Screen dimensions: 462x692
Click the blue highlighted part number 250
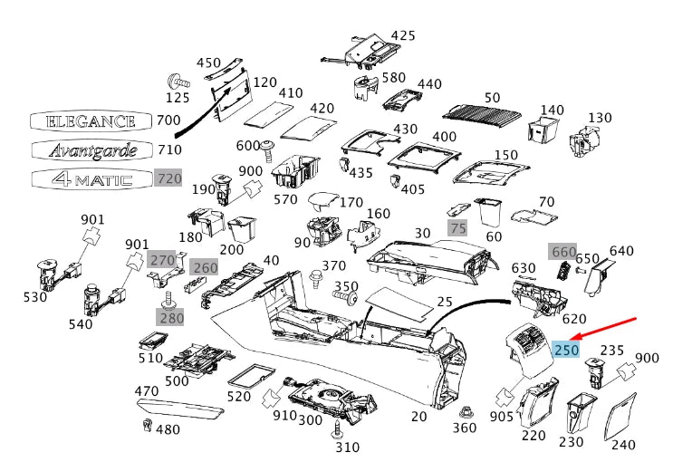click(x=567, y=350)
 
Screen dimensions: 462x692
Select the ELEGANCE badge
click(x=91, y=120)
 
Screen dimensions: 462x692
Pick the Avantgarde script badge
click(x=91, y=149)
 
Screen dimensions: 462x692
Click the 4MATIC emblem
click(x=91, y=178)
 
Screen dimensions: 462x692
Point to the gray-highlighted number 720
click(x=169, y=178)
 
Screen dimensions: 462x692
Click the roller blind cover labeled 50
click(x=485, y=112)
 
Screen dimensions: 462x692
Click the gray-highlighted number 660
click(x=563, y=251)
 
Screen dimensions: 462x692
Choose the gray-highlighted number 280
click(x=171, y=317)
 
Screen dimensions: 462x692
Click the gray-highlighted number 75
click(x=458, y=228)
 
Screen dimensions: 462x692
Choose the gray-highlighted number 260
click(x=206, y=267)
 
